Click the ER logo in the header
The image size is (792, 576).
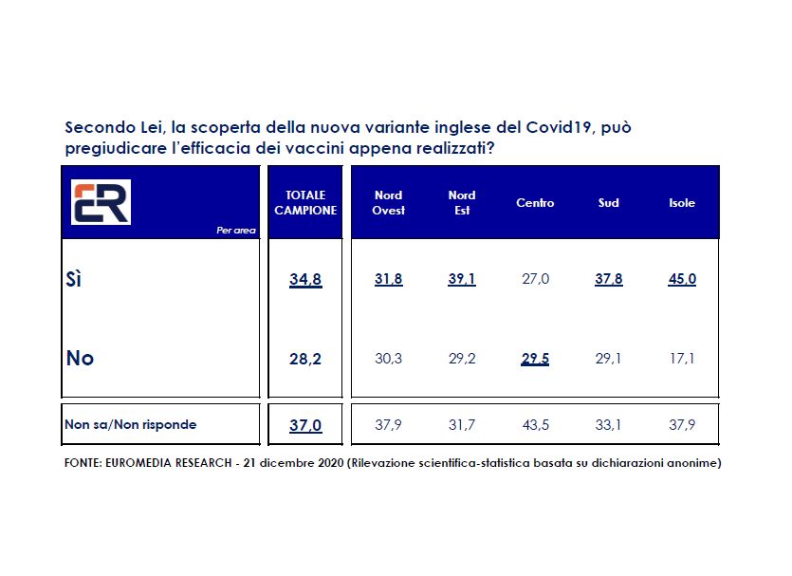pyautogui.click(x=101, y=202)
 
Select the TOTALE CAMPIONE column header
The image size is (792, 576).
pyautogui.click(x=305, y=202)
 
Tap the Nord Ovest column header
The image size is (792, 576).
pyautogui.click(x=389, y=202)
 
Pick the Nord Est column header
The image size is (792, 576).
pyautogui.click(x=461, y=202)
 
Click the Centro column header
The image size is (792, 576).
pyautogui.click(x=535, y=202)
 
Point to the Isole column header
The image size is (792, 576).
pyautogui.click(x=682, y=202)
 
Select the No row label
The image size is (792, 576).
pyautogui.click(x=80, y=358)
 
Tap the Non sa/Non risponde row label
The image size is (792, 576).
pyautogui.click(x=130, y=424)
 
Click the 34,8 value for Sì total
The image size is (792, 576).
pyautogui.click(x=305, y=279)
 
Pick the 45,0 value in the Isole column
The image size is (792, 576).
pyautogui.click(x=681, y=279)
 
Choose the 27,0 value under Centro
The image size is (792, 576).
pyautogui.click(x=535, y=279)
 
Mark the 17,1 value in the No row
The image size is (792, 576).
pyautogui.click(x=681, y=358)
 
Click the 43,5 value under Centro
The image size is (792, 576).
pyautogui.click(x=535, y=424)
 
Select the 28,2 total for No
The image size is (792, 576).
pyautogui.click(x=305, y=358)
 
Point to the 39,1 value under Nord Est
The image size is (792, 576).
pyautogui.click(x=461, y=279)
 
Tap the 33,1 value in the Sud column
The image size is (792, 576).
pyautogui.click(x=609, y=424)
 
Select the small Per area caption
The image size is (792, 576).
pyautogui.click(x=236, y=230)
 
